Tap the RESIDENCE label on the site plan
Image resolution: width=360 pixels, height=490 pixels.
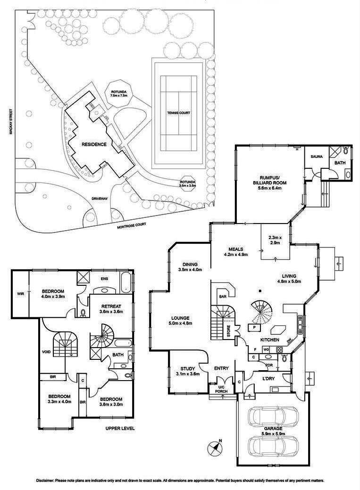pos(93,144)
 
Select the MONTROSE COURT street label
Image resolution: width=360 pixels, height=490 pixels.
pos(136,226)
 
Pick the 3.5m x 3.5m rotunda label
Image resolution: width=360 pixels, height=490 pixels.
pos(187,184)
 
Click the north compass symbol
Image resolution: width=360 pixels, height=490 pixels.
pos(215,447)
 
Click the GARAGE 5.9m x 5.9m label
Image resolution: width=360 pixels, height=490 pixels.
pos(273,431)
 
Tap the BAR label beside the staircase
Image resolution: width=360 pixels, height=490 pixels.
pos(222,297)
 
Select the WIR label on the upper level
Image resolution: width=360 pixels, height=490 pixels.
pos(20,293)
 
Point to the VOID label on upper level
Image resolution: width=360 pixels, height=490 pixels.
pos(46,351)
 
